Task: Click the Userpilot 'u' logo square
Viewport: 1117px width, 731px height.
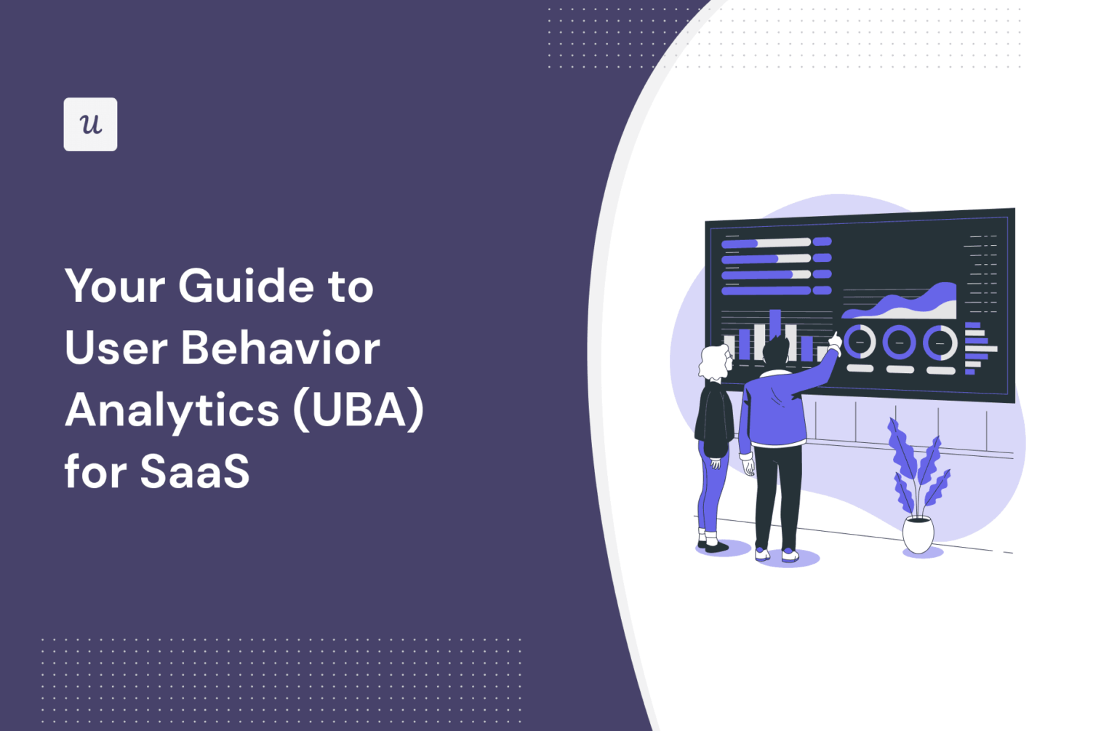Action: [x=90, y=124]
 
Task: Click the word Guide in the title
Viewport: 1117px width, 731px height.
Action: [x=245, y=286]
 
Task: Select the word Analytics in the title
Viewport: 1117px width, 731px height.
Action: [x=172, y=411]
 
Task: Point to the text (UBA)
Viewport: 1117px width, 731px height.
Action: [x=358, y=411]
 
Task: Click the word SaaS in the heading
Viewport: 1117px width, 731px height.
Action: [x=194, y=472]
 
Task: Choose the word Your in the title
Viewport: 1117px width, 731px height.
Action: [x=115, y=286]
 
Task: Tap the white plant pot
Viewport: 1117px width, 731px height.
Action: [x=918, y=535]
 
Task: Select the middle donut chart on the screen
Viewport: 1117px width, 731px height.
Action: [x=900, y=342]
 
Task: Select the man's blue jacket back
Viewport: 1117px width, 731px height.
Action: [x=774, y=411]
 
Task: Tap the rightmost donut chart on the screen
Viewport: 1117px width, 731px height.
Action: [x=940, y=343]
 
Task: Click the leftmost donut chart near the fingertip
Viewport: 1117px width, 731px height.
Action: [x=860, y=342]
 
